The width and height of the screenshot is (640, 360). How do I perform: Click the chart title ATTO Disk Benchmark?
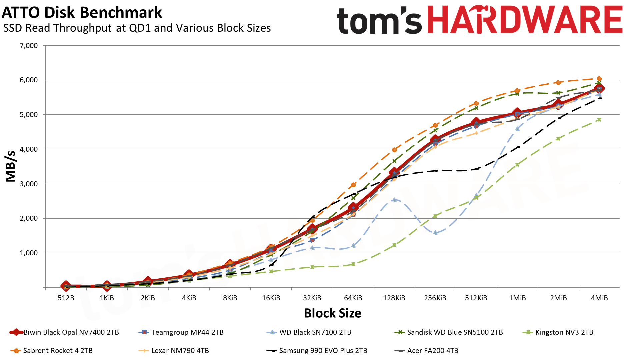coord(82,13)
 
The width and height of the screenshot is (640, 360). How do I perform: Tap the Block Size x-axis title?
coord(332,313)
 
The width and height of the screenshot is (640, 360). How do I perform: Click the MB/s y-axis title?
coord(11,166)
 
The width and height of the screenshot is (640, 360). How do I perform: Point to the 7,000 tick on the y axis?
coord(29,46)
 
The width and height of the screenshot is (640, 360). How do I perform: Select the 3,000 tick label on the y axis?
coord(29,184)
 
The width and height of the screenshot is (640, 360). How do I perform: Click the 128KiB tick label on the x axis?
coord(394,298)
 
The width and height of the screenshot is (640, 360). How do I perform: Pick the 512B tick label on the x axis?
coord(66,298)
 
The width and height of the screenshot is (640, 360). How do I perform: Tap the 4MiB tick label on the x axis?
coord(599,298)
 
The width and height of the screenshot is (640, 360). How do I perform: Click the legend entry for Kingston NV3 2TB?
coord(564,332)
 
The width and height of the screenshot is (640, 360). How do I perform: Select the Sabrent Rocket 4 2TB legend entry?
coord(58,351)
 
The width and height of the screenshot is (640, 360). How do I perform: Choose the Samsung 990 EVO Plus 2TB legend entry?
coord(323,351)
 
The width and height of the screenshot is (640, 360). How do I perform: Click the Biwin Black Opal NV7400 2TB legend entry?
coord(71,332)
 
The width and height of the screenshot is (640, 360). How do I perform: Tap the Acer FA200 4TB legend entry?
coord(432,351)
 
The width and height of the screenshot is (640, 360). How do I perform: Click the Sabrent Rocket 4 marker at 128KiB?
coord(394,150)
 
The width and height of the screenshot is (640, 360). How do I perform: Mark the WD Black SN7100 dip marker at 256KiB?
coord(435,232)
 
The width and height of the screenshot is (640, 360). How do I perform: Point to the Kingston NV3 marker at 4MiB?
coord(599,120)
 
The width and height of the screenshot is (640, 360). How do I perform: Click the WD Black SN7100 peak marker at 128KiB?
coord(394,200)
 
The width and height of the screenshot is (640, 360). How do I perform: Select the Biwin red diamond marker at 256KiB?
coord(435,140)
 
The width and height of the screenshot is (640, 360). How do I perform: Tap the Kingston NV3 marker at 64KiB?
coord(353,264)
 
